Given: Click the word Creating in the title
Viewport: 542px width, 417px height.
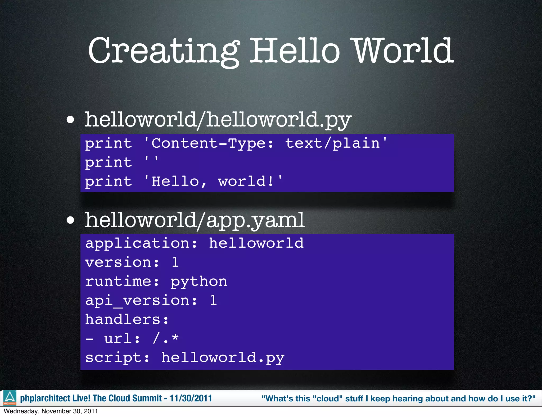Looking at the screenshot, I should tap(163, 51).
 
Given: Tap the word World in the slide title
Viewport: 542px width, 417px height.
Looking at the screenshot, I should tap(403, 51).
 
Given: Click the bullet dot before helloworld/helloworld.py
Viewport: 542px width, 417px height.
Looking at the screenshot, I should tap(70, 120).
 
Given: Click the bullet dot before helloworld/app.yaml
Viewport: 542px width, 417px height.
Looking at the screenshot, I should tap(70, 220).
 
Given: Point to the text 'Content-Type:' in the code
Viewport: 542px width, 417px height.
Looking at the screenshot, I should tap(209, 143).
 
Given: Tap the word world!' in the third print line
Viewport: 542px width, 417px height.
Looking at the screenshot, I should tap(250, 181).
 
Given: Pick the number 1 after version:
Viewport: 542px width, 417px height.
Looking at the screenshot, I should tap(175, 262).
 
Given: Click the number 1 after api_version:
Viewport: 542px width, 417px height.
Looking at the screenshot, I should tap(213, 300).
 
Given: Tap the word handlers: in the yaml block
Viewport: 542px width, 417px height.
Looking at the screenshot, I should tap(127, 319).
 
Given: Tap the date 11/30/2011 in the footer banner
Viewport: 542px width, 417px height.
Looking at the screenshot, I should tap(191, 398).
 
